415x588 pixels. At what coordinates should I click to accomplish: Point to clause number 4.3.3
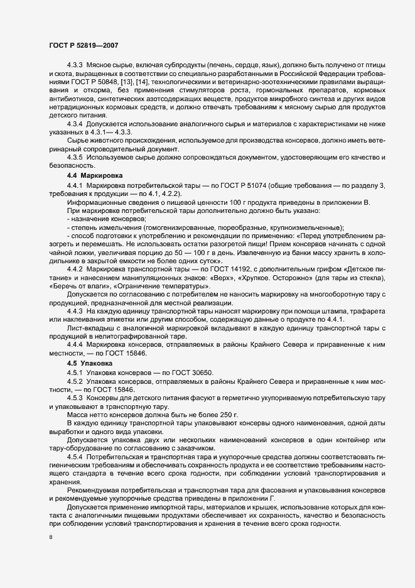point(75,65)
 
